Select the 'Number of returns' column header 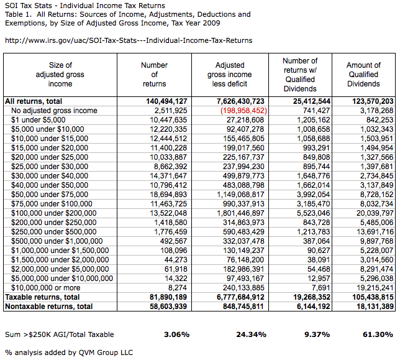[x=154, y=74]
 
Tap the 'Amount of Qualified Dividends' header [x=363, y=74]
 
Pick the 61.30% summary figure [x=378, y=334]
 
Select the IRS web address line [x=128, y=40]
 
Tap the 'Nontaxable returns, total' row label [x=48, y=307]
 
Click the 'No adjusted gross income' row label [x=55, y=111]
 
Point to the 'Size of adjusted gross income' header [x=60, y=74]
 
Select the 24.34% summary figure [x=252, y=334]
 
